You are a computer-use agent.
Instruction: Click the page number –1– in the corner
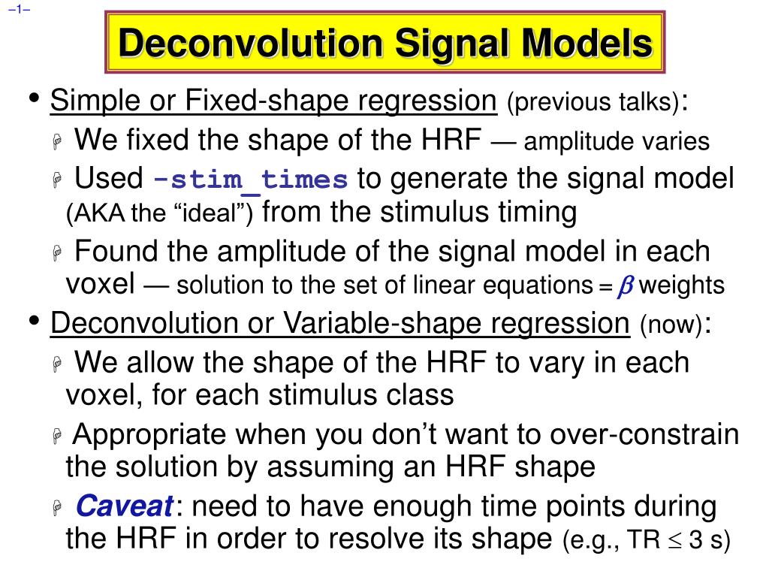pyautogui.click(x=19, y=9)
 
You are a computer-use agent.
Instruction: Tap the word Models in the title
pyautogui.click(x=587, y=43)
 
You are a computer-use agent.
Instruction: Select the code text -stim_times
pyautogui.click(x=250, y=180)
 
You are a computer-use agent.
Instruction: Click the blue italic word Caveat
pyautogui.click(x=124, y=506)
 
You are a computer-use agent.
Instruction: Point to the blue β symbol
pyautogui.click(x=626, y=286)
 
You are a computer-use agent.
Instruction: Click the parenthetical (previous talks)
pyautogui.click(x=593, y=102)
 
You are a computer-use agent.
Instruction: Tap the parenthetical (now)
pyautogui.click(x=671, y=325)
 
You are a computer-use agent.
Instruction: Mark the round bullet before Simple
pyautogui.click(x=34, y=98)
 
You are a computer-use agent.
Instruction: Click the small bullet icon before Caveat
pyautogui.click(x=57, y=507)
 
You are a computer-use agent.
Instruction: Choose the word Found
pyautogui.click(x=116, y=252)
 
